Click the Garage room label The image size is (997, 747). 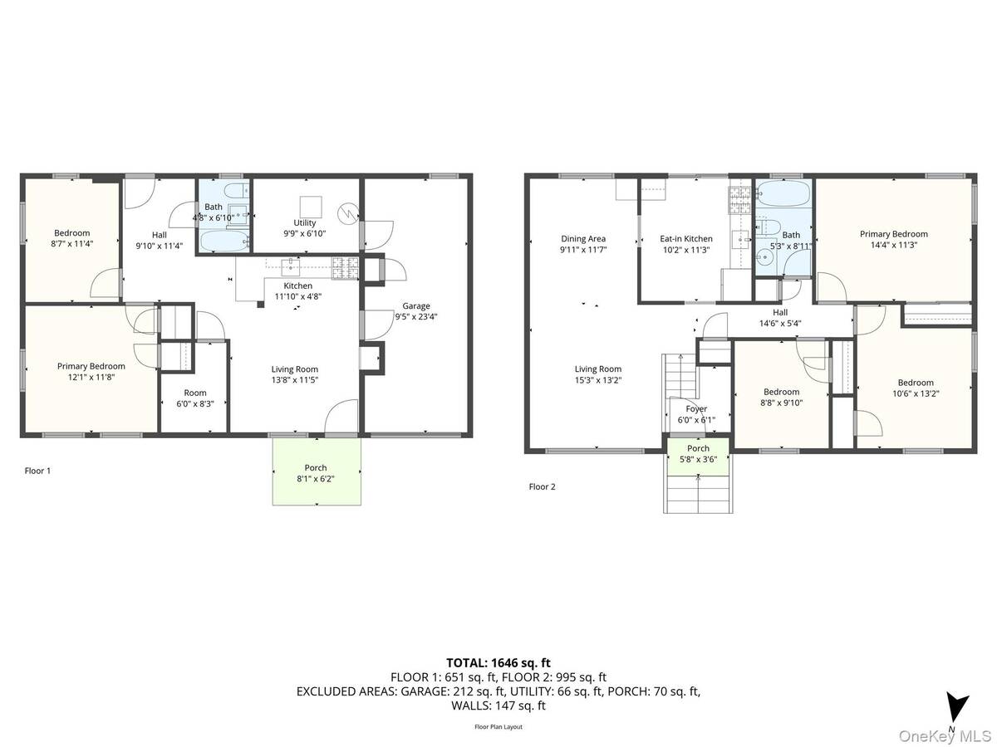click(416, 305)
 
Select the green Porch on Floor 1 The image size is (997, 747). click(317, 471)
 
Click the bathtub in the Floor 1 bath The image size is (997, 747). click(223, 241)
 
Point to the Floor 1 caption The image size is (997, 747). click(38, 471)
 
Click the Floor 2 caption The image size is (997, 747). click(543, 486)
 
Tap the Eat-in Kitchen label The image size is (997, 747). click(686, 239)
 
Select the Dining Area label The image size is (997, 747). click(583, 239)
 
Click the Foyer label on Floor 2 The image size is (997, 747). click(696, 409)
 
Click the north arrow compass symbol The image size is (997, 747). click(959, 708)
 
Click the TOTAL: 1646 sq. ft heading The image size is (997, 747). click(498, 662)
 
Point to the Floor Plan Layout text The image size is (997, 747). click(498, 726)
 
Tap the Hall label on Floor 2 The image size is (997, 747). click(779, 312)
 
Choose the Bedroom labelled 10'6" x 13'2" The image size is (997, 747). click(914, 388)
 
